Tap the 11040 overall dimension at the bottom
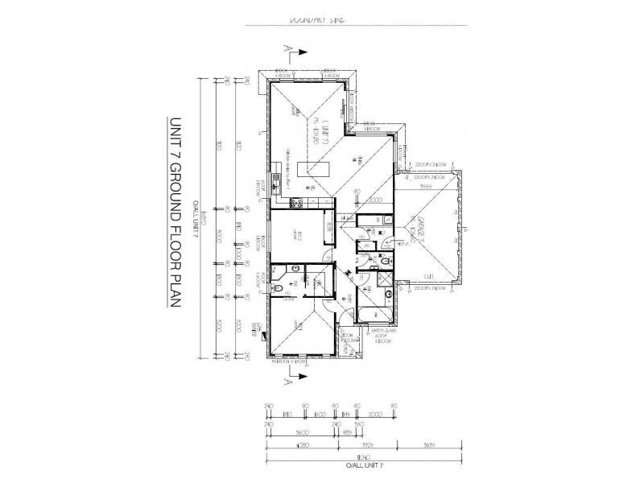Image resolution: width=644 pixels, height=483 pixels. (328, 458)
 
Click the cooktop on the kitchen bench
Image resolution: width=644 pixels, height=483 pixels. (295, 202)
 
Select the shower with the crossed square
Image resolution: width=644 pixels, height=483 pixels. (385, 280)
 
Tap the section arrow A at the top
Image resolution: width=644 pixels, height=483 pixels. (295, 53)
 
